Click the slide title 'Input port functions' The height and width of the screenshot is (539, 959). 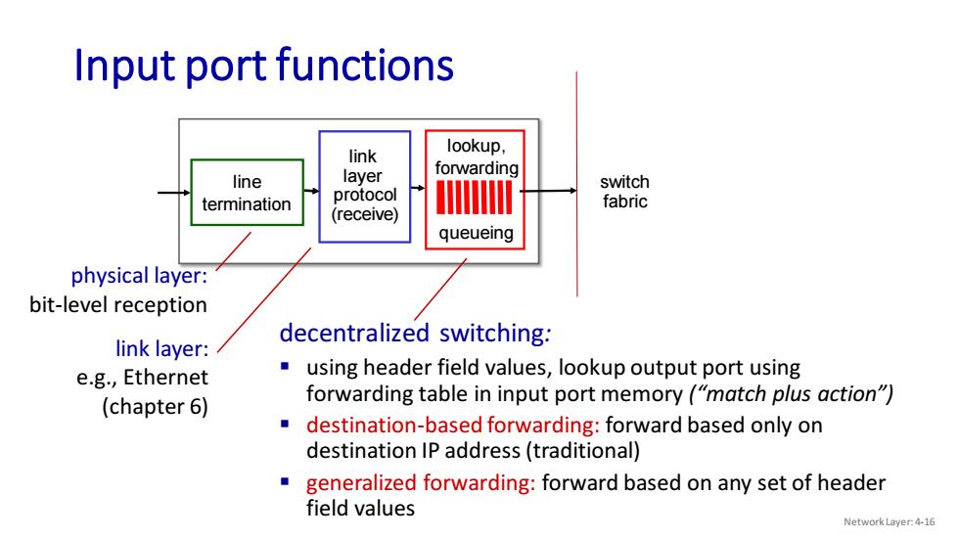pos(263,66)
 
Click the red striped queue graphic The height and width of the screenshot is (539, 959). pos(474,197)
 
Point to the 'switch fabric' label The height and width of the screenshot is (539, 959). pos(624,192)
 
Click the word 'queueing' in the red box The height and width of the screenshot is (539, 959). pos(476,233)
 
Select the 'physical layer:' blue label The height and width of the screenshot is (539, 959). pos(139,276)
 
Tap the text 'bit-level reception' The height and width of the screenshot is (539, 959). pos(118,304)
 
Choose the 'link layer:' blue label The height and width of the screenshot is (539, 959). pos(162,348)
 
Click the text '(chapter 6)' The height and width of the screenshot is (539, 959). pos(155,406)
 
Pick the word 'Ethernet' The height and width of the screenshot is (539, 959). pos(165,377)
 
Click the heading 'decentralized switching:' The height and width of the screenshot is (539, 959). pos(415,333)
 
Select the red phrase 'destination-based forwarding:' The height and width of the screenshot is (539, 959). pos(453,425)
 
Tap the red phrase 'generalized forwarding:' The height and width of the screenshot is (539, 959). pos(421,483)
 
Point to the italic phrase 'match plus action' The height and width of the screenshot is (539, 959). pos(791,393)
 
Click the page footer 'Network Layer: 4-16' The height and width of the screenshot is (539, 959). pos(890,522)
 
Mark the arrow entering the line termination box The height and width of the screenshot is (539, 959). pos(174,193)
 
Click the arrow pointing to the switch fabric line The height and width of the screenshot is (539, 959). pos(549,191)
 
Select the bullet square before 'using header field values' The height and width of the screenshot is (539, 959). pos(285,366)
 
